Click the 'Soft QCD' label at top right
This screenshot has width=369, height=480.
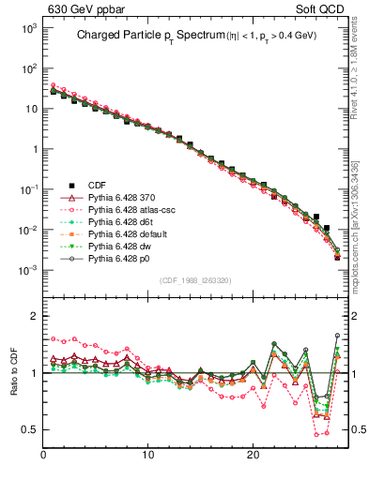pyautogui.click(x=328, y=9)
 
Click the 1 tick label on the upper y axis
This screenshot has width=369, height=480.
pyautogui.click(x=31, y=149)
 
